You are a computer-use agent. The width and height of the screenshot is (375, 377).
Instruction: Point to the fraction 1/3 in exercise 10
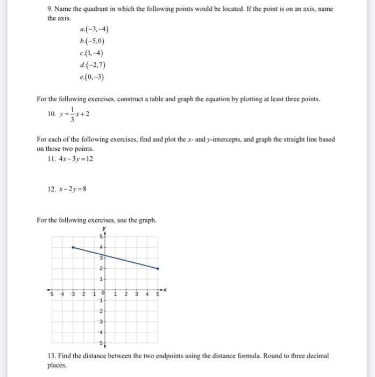click(72, 114)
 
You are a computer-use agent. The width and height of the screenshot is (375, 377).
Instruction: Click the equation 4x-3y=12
click(69, 158)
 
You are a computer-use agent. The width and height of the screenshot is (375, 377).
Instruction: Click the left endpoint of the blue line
click(73, 247)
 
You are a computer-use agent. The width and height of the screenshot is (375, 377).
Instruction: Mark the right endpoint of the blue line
click(158, 268)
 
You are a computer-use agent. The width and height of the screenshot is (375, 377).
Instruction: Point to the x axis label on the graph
click(166, 289)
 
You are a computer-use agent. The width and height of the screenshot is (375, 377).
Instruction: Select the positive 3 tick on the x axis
click(136, 294)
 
